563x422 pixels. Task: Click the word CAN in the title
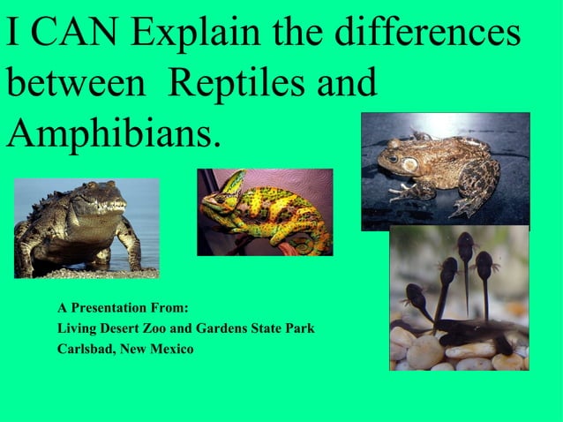pyautogui.click(x=77, y=34)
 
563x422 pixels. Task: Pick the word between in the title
pyautogui.click(x=76, y=83)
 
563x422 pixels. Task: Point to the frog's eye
pyautogui.click(x=409, y=164)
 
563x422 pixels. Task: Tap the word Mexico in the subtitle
pyautogui.click(x=172, y=350)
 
